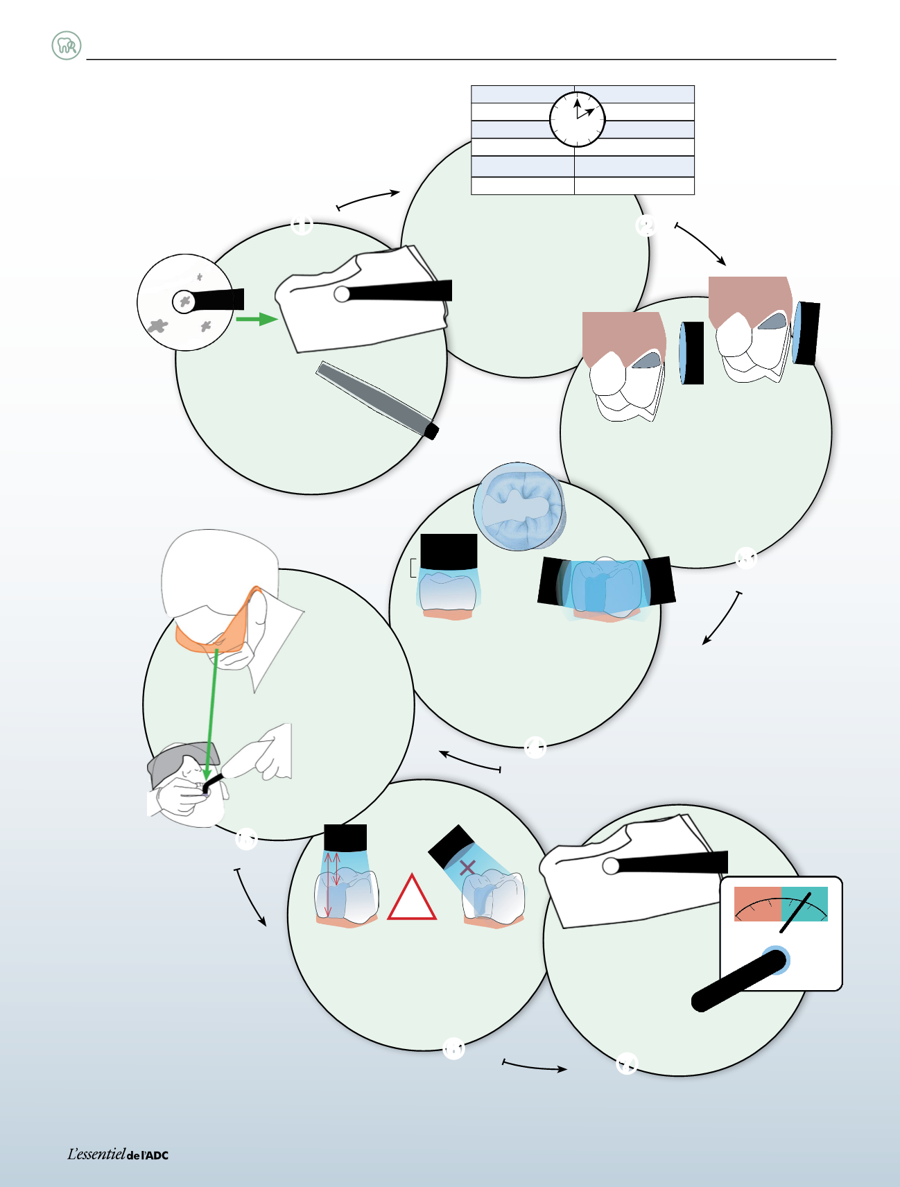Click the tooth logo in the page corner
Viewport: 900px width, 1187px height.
click(67, 46)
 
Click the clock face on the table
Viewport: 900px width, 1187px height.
click(577, 119)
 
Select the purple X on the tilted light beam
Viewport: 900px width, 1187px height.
click(467, 867)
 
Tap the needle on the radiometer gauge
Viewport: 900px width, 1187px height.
click(795, 912)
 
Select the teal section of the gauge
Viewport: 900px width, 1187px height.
click(804, 903)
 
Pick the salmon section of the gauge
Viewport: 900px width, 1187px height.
click(758, 903)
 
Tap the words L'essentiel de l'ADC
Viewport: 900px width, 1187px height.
click(118, 1154)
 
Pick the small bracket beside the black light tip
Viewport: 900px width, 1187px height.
click(413, 567)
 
